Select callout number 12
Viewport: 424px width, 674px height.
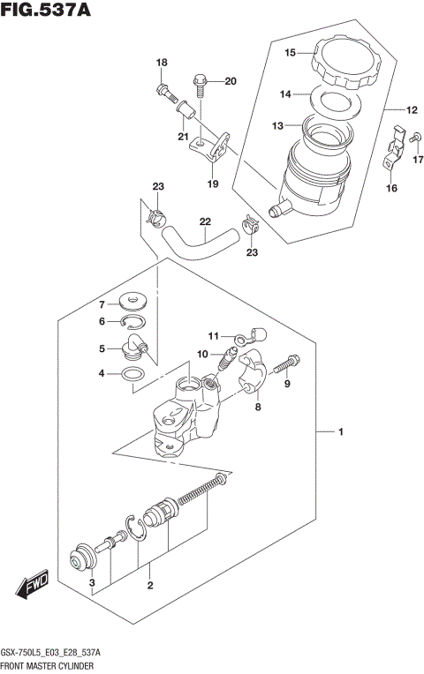click(412, 110)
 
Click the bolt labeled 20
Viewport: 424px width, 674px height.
click(201, 85)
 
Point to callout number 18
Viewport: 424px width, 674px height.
click(162, 62)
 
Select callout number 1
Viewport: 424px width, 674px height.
click(340, 431)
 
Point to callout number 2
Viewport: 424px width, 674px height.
click(151, 585)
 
